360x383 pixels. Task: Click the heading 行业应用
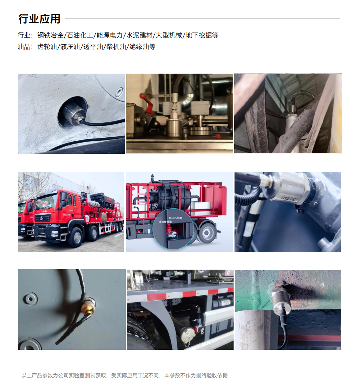[39, 19]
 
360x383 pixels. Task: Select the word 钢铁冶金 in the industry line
[50, 35]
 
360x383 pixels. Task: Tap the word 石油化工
[80, 35]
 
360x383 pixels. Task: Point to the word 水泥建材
[139, 35]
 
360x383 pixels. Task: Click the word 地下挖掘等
[202, 35]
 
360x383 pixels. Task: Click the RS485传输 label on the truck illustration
[175, 218]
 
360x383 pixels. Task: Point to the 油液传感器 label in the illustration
[165, 222]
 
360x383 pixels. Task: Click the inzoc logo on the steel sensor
[289, 197]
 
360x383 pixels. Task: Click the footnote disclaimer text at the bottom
[124, 376]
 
